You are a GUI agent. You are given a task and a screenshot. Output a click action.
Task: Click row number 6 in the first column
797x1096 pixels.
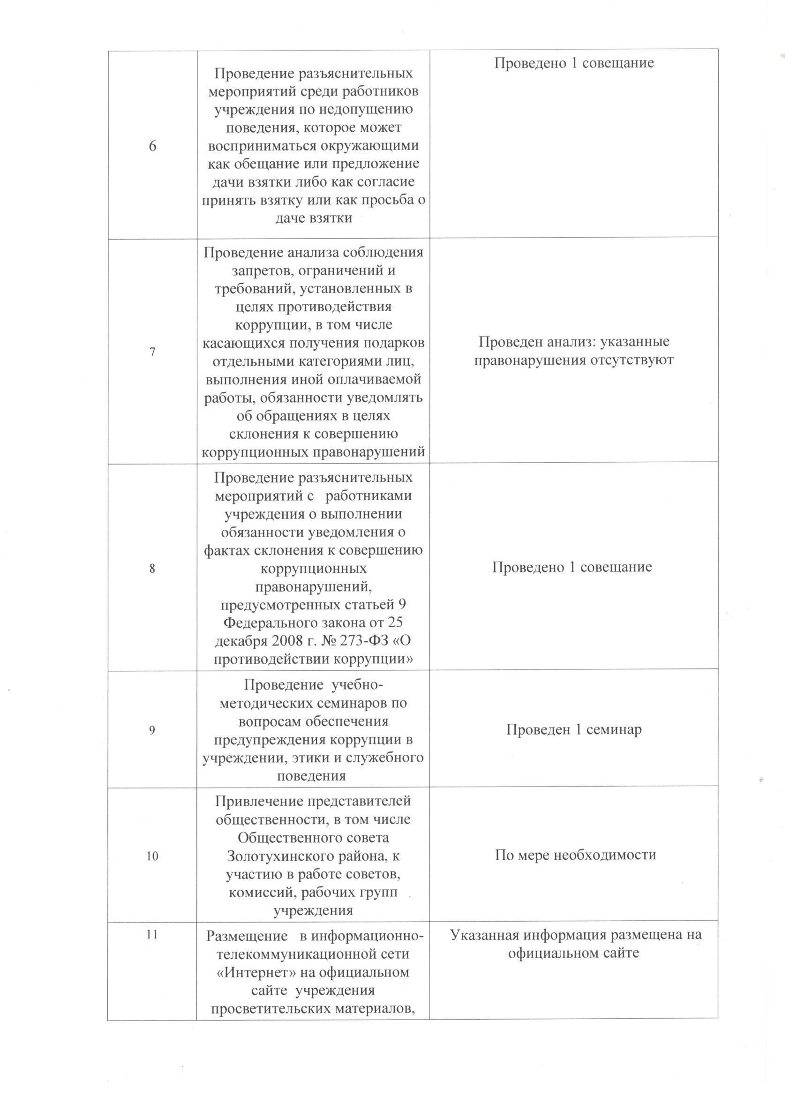pos(152,146)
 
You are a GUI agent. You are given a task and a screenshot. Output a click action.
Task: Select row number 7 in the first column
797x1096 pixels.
pos(152,352)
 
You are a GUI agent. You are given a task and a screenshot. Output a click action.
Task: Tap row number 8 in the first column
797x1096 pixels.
pos(152,568)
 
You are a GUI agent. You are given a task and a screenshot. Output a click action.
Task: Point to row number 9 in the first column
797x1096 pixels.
pos(152,730)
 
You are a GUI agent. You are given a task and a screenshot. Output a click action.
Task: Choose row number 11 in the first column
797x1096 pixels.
pos(152,935)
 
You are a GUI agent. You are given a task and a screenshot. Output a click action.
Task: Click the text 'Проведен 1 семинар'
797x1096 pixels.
pos(574,729)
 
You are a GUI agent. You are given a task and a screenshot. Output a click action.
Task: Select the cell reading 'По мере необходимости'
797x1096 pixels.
pos(575,855)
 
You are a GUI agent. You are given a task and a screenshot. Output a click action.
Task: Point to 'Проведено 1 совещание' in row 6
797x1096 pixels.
pos(574,63)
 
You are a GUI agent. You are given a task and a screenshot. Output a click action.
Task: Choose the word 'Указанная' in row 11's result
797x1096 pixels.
pos(486,935)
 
